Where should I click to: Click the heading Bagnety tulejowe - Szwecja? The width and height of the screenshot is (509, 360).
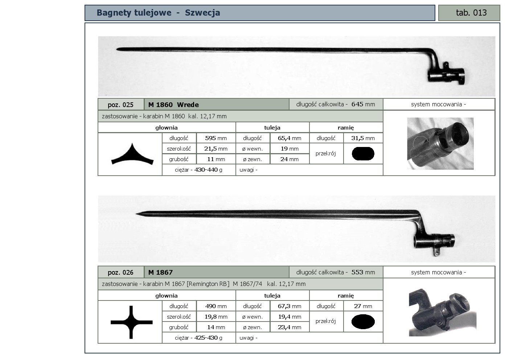click(x=158, y=13)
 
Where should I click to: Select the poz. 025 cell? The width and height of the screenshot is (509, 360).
click(x=121, y=105)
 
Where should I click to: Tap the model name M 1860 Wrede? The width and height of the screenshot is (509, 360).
click(x=173, y=105)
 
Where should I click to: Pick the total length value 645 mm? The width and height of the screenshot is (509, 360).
click(x=363, y=104)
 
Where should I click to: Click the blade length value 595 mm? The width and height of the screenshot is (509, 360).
click(x=216, y=138)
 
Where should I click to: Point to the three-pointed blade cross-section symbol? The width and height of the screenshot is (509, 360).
click(x=132, y=154)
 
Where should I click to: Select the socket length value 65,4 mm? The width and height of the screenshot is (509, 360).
click(x=290, y=138)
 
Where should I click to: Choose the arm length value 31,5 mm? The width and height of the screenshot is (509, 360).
click(x=363, y=138)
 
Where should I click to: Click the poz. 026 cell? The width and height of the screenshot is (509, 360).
click(x=121, y=272)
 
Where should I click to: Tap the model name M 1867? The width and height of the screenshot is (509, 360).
click(x=160, y=272)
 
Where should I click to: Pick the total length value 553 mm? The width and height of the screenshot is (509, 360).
click(x=363, y=272)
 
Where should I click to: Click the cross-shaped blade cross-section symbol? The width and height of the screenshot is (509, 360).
click(x=131, y=322)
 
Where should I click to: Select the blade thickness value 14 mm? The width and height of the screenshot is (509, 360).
click(x=216, y=327)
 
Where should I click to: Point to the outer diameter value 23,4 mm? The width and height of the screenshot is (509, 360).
click(x=290, y=327)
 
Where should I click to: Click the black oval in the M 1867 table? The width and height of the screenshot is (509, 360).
click(x=363, y=322)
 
